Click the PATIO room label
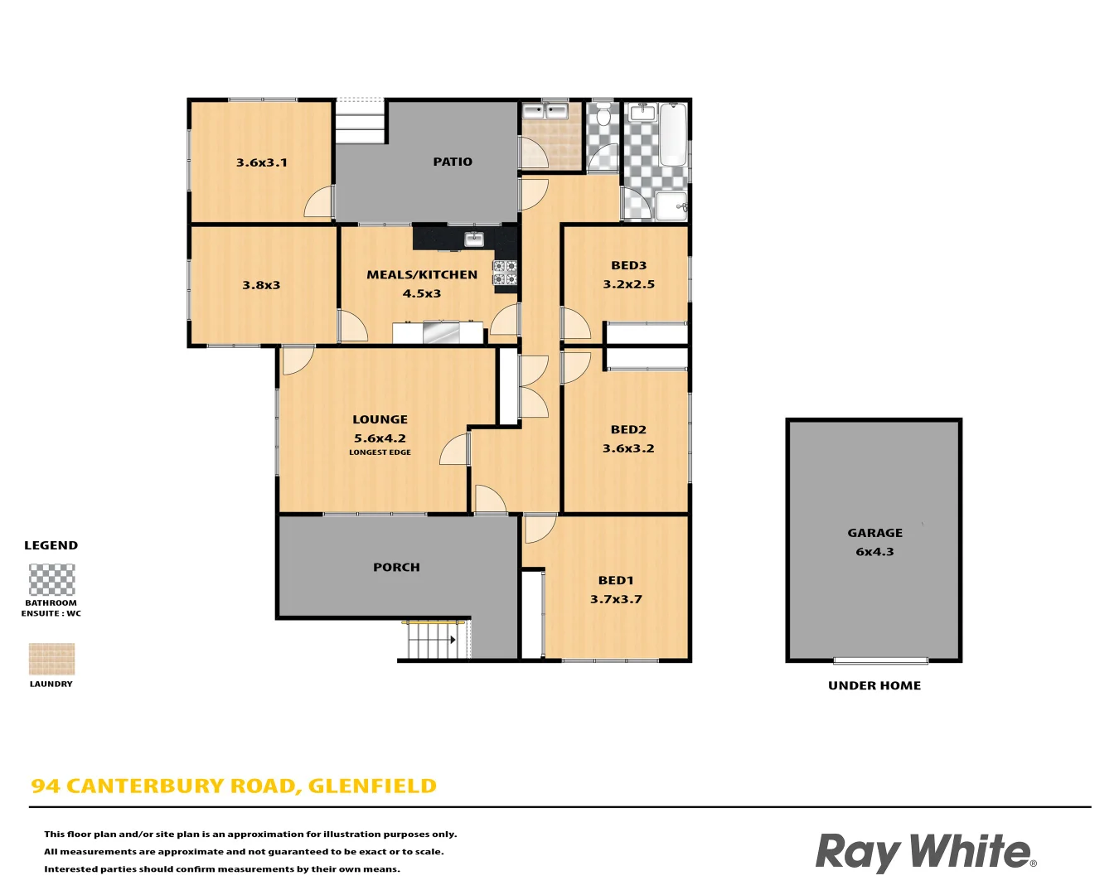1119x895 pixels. point(453,162)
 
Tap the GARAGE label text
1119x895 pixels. point(874,533)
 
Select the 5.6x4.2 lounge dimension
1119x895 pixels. point(380,438)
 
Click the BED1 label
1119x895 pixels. point(616,580)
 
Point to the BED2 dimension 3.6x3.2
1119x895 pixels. point(628,448)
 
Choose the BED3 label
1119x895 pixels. point(628,265)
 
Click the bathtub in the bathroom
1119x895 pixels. point(673,133)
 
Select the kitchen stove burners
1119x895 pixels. point(505,273)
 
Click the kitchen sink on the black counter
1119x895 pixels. point(474,239)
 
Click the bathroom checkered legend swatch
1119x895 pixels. point(51,580)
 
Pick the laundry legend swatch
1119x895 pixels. point(51,660)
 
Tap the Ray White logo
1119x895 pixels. point(925,852)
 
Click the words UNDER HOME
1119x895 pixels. point(874,685)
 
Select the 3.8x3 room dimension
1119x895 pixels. point(261,285)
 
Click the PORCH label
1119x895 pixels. point(396,568)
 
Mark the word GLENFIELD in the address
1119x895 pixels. point(372,786)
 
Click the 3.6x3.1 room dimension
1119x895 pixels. point(262,162)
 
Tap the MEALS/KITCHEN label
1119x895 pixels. point(422,274)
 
